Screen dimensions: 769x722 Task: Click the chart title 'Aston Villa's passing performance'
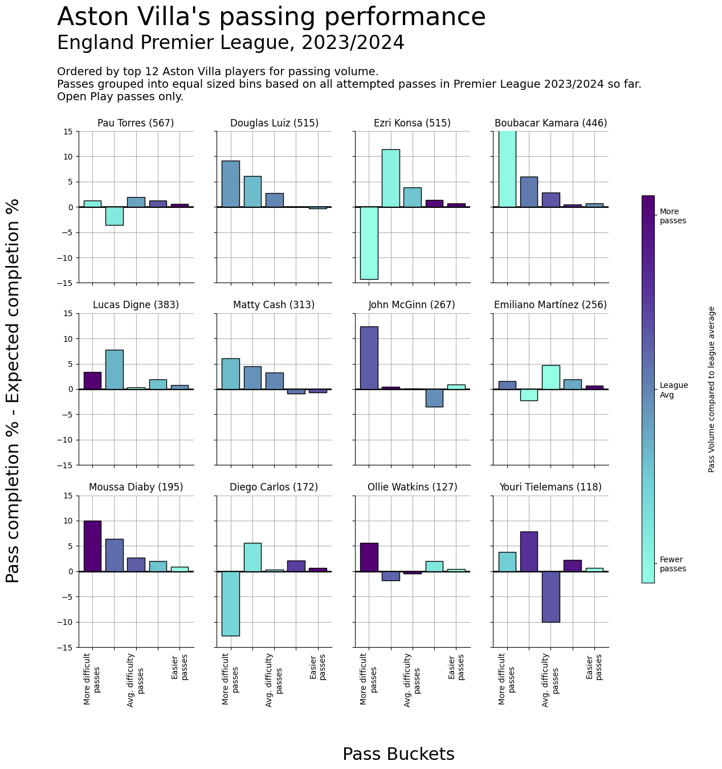click(271, 17)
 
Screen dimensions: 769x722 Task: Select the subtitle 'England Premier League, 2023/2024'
click(231, 43)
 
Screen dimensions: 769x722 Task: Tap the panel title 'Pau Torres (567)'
click(136, 123)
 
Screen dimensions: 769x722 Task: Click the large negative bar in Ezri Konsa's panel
click(369, 243)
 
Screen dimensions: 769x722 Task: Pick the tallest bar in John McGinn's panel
click(369, 358)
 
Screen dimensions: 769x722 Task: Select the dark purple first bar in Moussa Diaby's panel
click(92, 546)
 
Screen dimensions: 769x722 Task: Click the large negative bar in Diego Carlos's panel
click(231, 603)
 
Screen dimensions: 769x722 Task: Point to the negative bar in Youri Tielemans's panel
click(550, 596)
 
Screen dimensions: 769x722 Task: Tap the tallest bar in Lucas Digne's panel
click(114, 369)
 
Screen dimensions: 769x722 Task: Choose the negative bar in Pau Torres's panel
click(114, 216)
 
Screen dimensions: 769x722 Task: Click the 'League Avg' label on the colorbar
click(674, 390)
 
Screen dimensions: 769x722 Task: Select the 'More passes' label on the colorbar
click(672, 216)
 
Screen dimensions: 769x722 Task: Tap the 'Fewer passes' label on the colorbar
click(672, 565)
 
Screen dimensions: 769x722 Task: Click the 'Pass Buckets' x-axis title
click(398, 754)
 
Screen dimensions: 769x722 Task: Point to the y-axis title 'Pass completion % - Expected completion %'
click(13, 390)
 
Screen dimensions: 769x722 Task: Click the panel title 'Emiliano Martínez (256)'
click(550, 305)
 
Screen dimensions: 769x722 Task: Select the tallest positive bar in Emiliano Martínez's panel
click(550, 377)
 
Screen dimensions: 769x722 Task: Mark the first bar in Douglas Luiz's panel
click(231, 184)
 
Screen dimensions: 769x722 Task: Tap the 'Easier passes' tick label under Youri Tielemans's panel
click(594, 667)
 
